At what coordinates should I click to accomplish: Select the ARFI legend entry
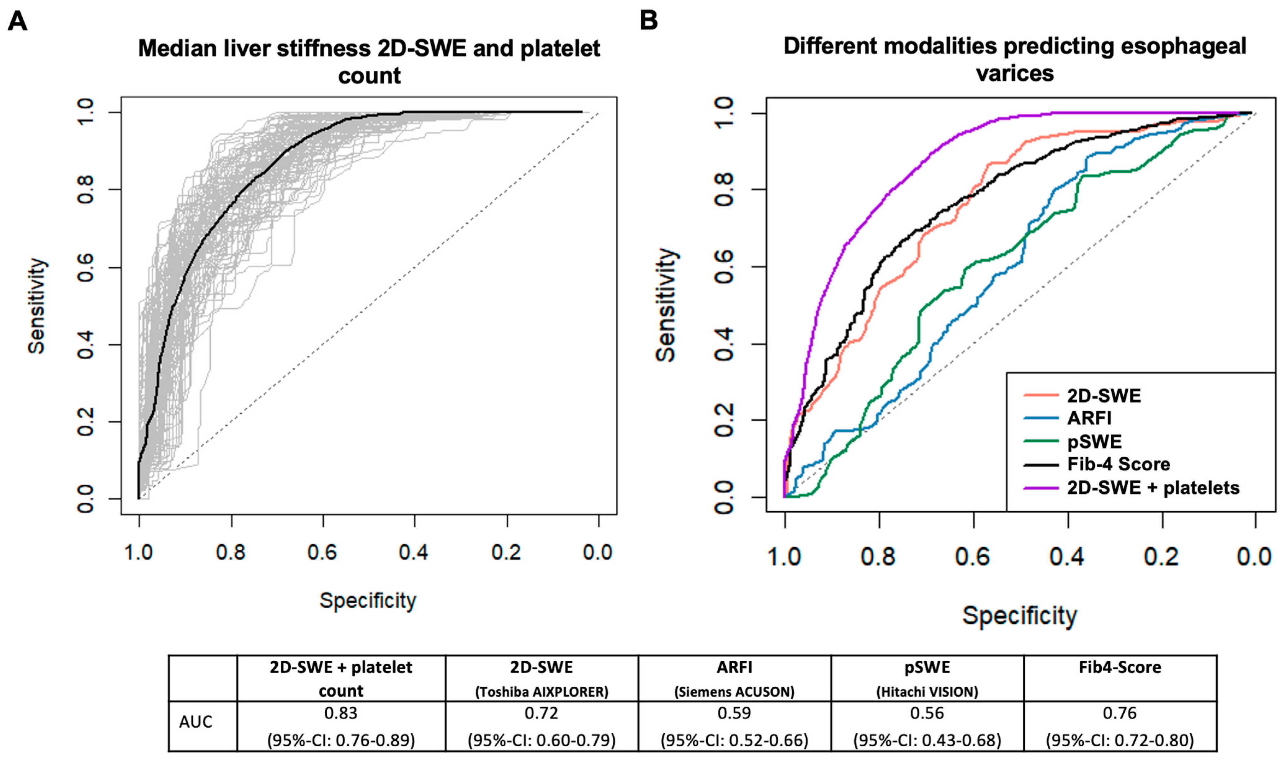click(x=1089, y=418)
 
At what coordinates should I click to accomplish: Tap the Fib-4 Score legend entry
click(x=1118, y=464)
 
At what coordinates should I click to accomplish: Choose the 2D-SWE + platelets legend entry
click(x=1153, y=487)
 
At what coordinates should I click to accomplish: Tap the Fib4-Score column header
click(x=1120, y=667)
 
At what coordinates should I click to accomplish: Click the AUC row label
click(x=195, y=722)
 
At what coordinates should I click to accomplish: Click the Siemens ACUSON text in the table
click(x=734, y=692)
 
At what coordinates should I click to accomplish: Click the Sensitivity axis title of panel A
click(x=37, y=306)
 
